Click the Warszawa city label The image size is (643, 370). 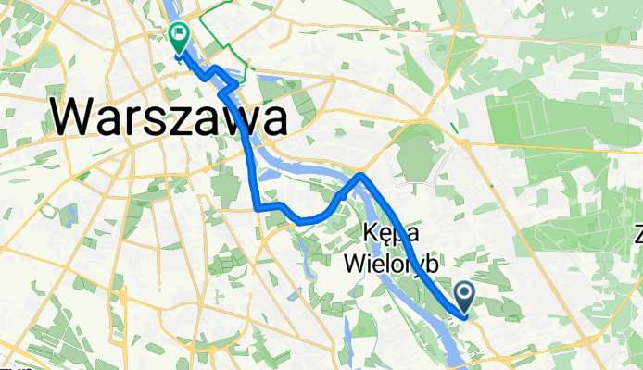[x=168, y=117]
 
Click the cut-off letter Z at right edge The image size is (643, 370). [x=637, y=234]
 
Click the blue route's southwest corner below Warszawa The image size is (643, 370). [x=258, y=208]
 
